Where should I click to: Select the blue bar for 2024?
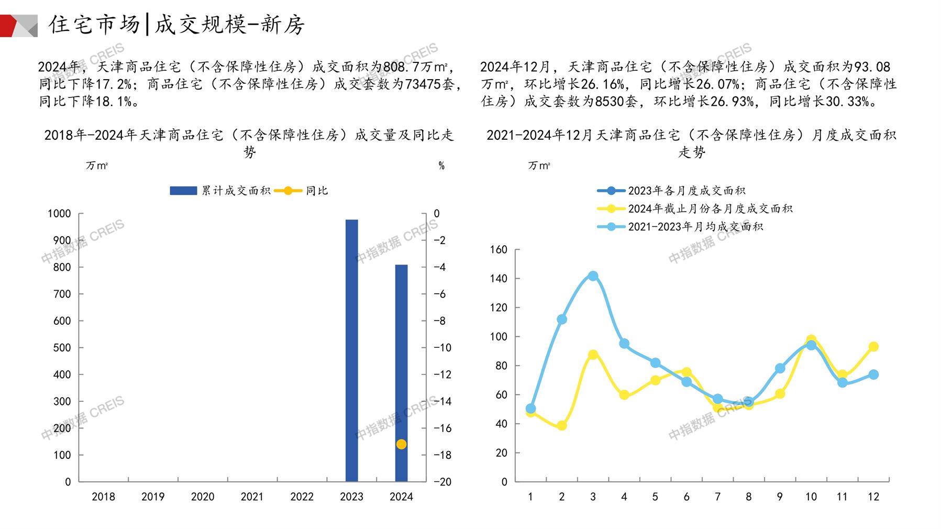tap(401, 372)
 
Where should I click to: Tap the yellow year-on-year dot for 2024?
tap(401, 444)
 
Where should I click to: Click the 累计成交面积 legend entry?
tap(220, 191)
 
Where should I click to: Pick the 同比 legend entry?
tap(301, 191)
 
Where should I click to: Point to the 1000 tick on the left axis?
tap(59, 214)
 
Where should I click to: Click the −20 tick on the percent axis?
tap(442, 482)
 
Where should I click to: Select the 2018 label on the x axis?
tap(103, 497)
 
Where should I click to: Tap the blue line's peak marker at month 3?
tap(593, 276)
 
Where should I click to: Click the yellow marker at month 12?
tap(873, 347)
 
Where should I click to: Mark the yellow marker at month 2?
tap(562, 426)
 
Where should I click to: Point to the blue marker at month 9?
tap(780, 369)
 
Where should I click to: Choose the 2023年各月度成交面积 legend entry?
tap(671, 191)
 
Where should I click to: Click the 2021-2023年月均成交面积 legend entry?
tap(680, 227)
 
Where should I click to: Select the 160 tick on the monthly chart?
tap(499, 250)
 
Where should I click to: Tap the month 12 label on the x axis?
tap(873, 497)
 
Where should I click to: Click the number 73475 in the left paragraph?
tap(423, 84)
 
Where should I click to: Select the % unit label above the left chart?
tap(441, 166)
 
